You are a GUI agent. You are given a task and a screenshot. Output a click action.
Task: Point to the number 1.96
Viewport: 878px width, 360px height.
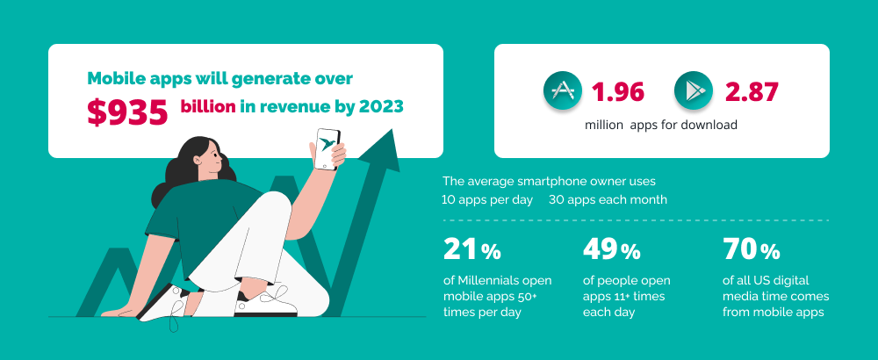pos(618,92)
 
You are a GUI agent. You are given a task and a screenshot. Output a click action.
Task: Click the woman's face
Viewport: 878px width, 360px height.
pos(212,162)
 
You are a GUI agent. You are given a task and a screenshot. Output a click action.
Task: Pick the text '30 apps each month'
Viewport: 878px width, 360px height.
pos(608,199)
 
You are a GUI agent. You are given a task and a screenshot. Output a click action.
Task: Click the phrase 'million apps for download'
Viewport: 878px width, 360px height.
pos(660,125)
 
